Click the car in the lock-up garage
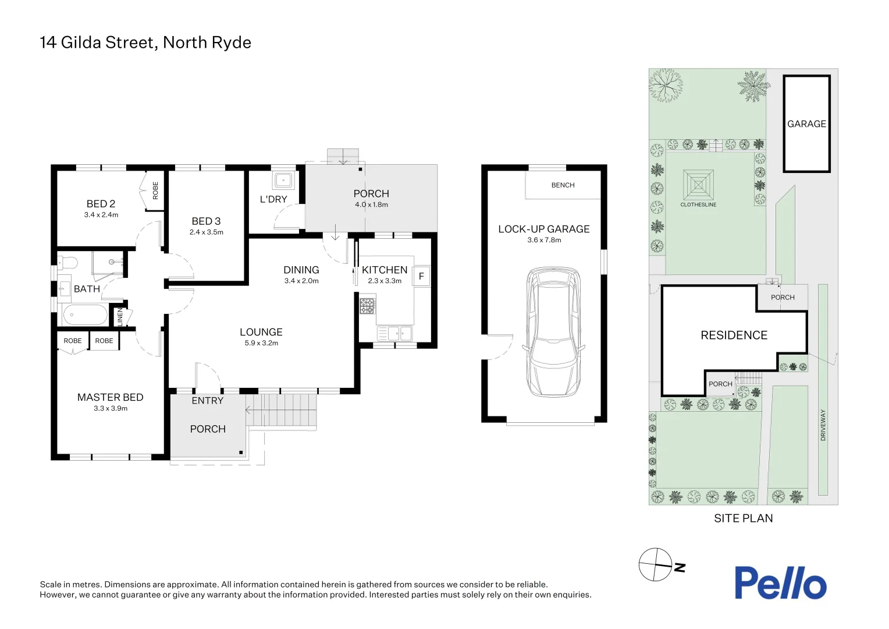(554, 332)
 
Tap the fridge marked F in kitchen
(421, 275)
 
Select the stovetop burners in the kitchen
(367, 306)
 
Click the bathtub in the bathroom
(85, 315)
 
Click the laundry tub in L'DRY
(283, 181)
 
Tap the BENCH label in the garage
(563, 185)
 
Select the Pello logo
(780, 582)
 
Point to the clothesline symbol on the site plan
(698, 185)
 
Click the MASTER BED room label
(111, 397)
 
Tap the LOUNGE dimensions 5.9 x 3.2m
(261, 343)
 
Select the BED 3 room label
(206, 221)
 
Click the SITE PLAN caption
(744, 518)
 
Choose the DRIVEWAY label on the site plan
(823, 425)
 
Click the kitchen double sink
(394, 333)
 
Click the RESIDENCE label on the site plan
(734, 335)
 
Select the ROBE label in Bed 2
(155, 190)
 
